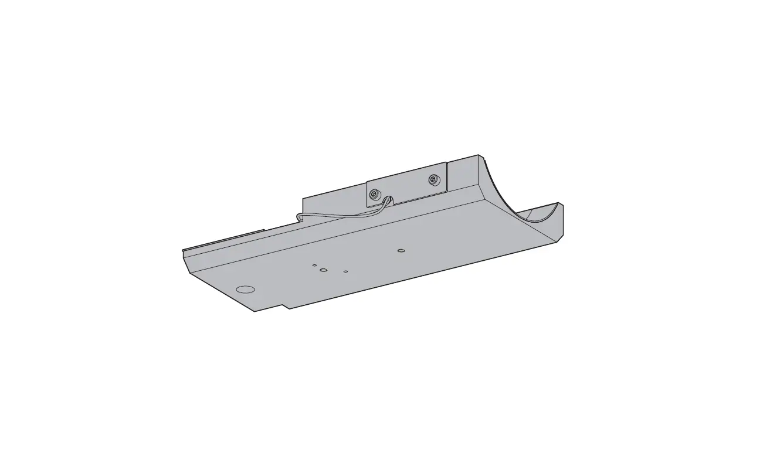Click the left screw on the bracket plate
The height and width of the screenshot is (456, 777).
(374, 193)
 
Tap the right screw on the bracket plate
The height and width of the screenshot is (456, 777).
(433, 180)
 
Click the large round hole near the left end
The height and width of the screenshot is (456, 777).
(245, 289)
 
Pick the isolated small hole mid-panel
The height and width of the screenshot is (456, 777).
(401, 251)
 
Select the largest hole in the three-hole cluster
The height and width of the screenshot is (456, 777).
(323, 270)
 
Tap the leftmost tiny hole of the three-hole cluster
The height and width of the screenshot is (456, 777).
(314, 265)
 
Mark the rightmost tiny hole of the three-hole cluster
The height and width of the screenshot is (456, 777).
(346, 271)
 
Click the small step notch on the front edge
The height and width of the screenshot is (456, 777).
(286, 307)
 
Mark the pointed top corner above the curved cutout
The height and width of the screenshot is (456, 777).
(480, 155)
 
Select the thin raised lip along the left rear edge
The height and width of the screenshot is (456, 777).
(223, 243)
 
